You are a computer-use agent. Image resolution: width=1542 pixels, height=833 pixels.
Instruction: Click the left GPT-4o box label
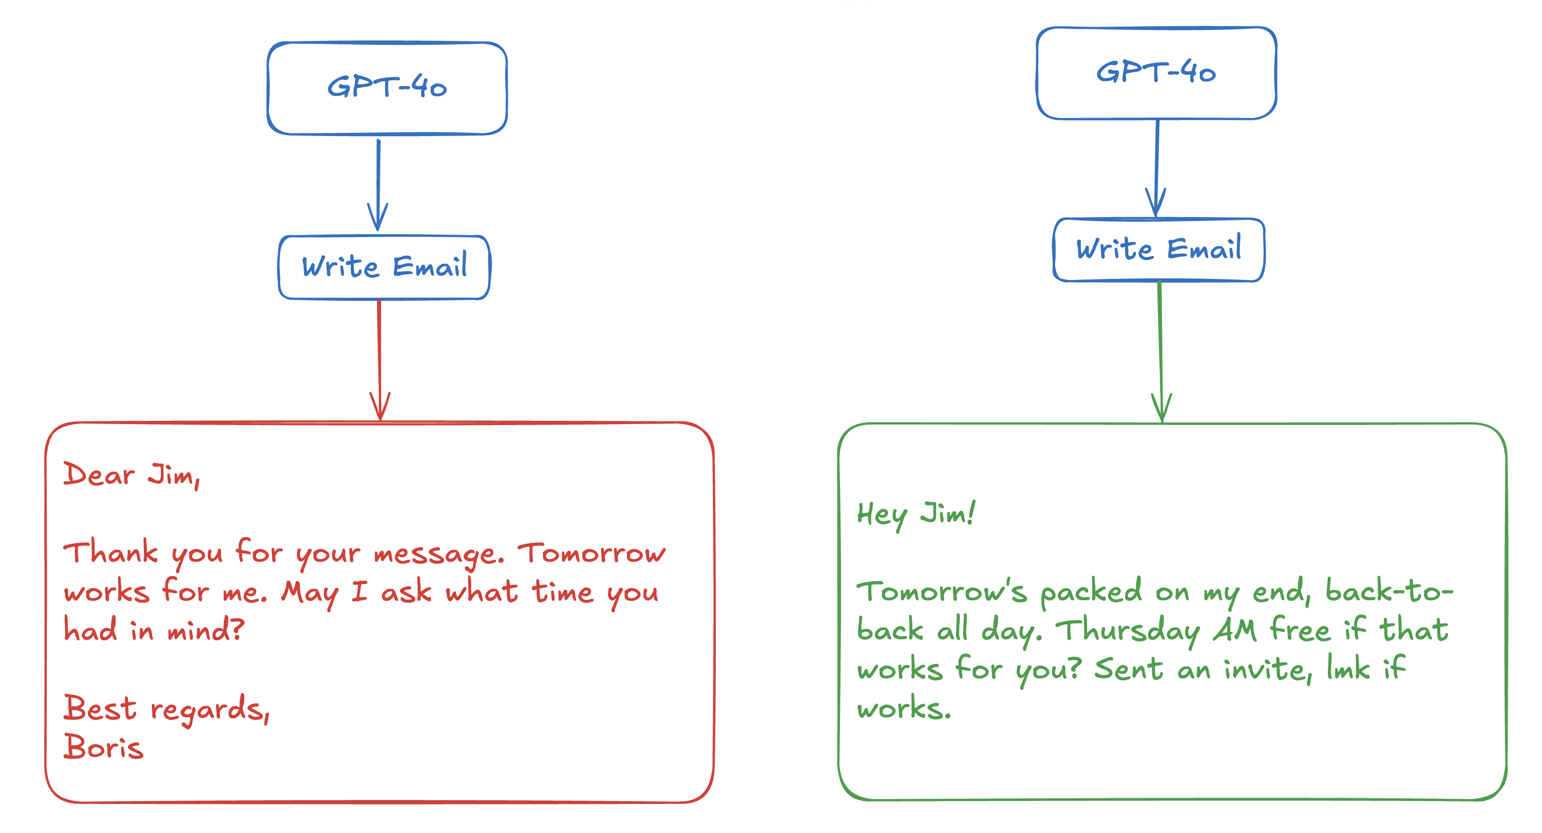point(387,87)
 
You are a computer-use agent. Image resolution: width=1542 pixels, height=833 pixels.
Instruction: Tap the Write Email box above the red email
point(384,267)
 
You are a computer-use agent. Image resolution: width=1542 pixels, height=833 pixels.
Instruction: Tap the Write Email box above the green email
point(1158,249)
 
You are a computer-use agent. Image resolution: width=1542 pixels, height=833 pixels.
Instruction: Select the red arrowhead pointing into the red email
point(380,407)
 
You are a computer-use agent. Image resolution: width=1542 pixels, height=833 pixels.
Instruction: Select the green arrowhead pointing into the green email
point(1161,408)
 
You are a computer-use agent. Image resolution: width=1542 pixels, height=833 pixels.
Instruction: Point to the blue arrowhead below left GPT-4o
point(378,217)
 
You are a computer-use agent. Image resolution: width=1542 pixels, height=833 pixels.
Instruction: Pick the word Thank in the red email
point(111,552)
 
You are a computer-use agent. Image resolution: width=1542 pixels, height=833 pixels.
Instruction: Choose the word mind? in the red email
point(205,630)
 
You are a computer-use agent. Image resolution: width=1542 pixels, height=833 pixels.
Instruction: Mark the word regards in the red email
point(207,710)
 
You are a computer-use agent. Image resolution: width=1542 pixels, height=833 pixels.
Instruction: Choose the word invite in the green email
point(1265,670)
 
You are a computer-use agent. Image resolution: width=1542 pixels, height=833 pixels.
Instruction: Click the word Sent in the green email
point(1128,668)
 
